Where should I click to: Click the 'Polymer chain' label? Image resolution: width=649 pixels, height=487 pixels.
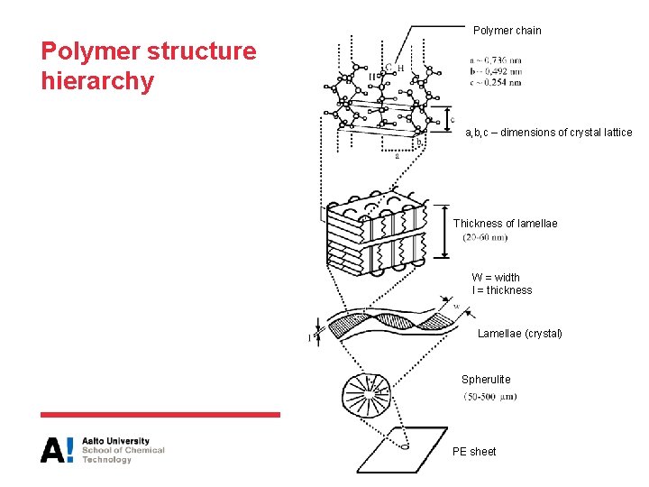507,31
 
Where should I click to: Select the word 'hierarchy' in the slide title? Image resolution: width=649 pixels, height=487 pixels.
97,82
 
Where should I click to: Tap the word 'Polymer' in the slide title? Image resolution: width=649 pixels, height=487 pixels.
87,51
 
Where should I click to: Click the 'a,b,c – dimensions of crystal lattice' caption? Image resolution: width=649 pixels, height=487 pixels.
548,133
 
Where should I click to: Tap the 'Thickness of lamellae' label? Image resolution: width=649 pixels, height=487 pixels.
505,224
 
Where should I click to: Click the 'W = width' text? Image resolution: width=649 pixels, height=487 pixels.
495,278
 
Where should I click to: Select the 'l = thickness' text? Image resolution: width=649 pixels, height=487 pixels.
501,290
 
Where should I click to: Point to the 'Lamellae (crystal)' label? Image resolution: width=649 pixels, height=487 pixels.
519,334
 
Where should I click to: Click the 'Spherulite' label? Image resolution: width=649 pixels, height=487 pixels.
486,380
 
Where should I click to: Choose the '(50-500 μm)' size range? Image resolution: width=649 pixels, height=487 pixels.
489,397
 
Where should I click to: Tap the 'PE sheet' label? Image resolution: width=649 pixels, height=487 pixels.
474,452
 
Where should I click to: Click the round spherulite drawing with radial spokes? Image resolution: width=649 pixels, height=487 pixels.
366,392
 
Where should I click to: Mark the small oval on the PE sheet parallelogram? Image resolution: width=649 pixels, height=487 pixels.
405,445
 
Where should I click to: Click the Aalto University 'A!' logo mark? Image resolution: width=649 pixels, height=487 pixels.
57,449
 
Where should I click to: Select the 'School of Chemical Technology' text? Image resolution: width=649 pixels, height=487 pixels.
123,455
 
